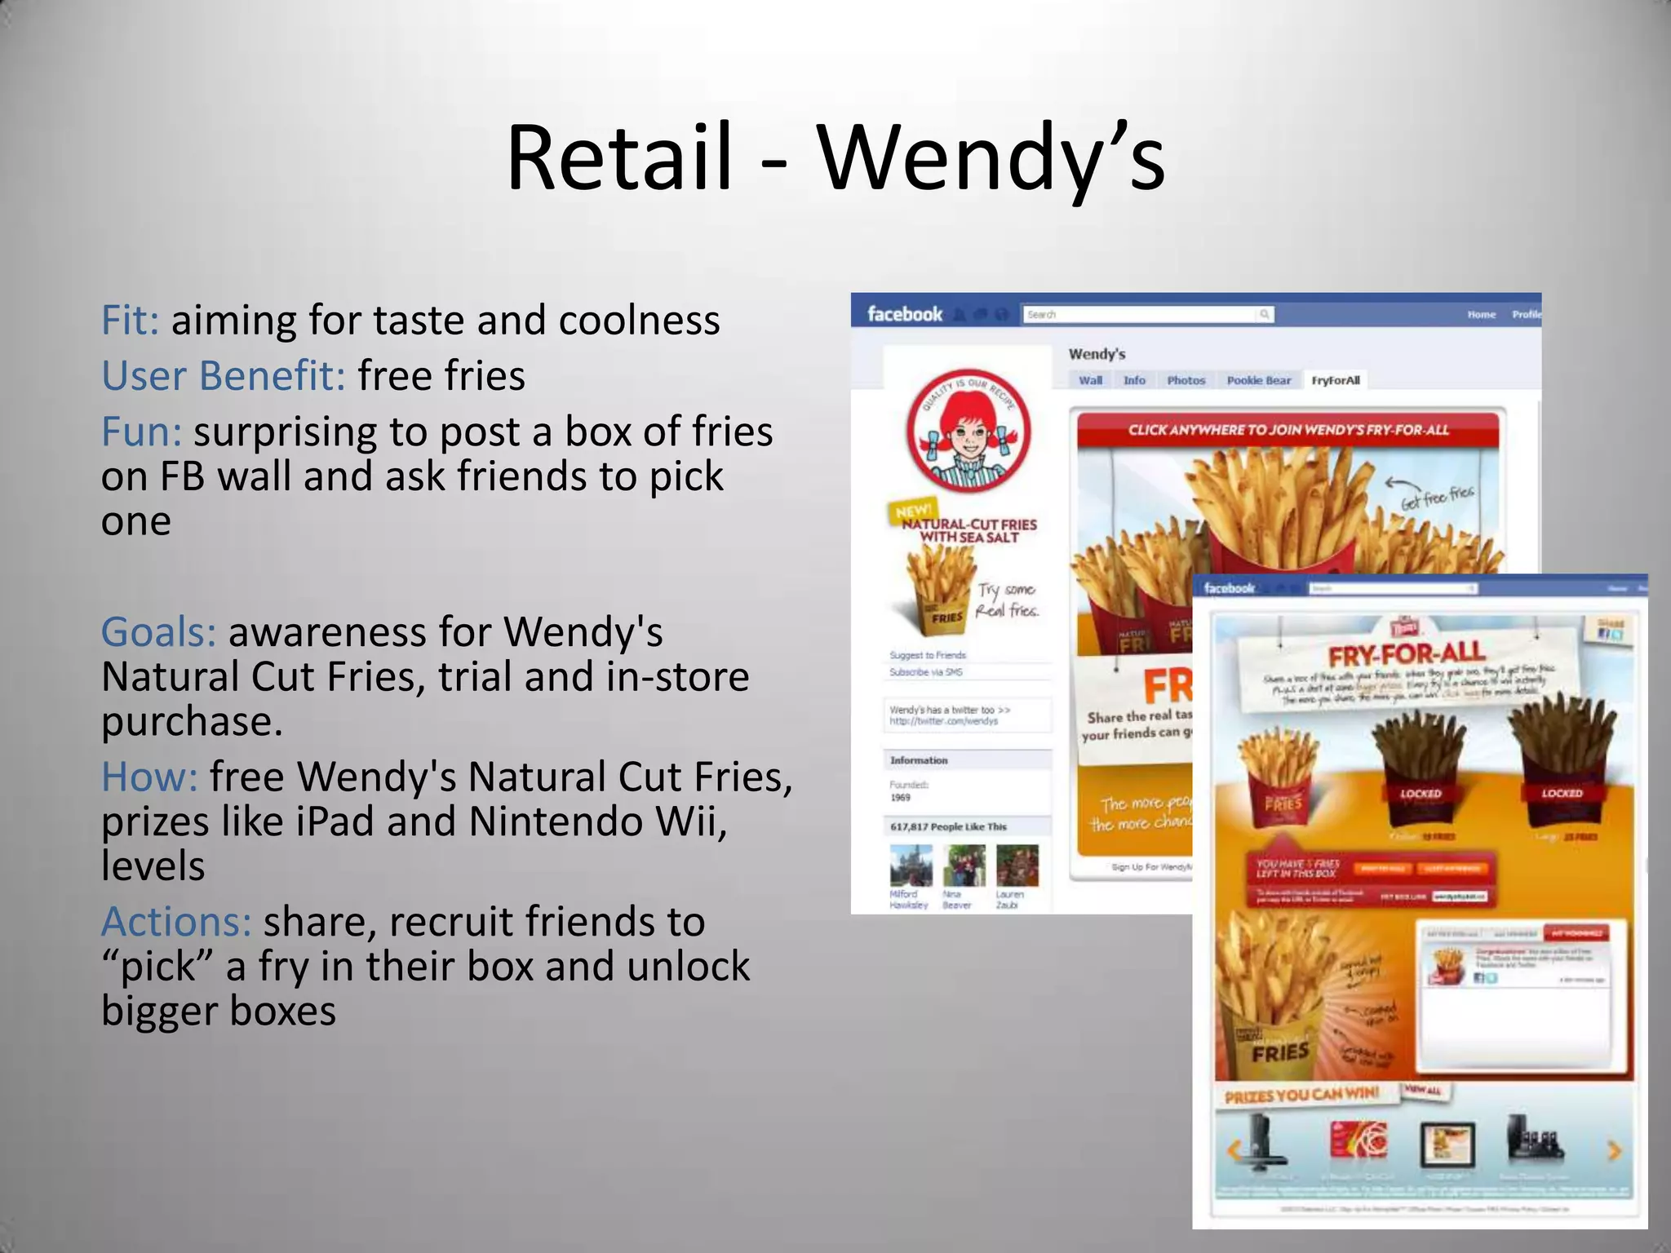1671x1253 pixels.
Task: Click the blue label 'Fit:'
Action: tap(130, 320)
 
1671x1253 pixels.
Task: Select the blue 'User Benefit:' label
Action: tap(223, 376)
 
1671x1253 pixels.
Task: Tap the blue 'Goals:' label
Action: tap(158, 632)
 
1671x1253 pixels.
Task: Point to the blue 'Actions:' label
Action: tap(175, 922)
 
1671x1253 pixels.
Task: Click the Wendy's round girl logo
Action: tap(968, 432)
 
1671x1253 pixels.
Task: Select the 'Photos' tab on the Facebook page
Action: tap(1186, 380)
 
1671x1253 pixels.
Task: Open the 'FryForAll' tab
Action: tap(1335, 380)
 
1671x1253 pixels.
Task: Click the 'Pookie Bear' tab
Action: tap(1258, 380)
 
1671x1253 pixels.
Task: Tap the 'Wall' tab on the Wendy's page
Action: tap(1090, 380)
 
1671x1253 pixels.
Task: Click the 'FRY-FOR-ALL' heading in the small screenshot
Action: tap(1407, 654)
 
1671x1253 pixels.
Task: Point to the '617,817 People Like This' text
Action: tap(948, 826)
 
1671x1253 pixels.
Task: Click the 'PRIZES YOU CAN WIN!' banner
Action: tap(1301, 1095)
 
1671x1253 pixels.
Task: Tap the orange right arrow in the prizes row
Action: tap(1613, 1150)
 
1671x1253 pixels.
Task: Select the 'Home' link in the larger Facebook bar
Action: tap(1481, 314)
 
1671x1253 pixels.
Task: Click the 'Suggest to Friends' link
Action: tap(928, 655)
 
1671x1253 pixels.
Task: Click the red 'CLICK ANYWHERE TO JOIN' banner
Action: tap(1288, 430)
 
